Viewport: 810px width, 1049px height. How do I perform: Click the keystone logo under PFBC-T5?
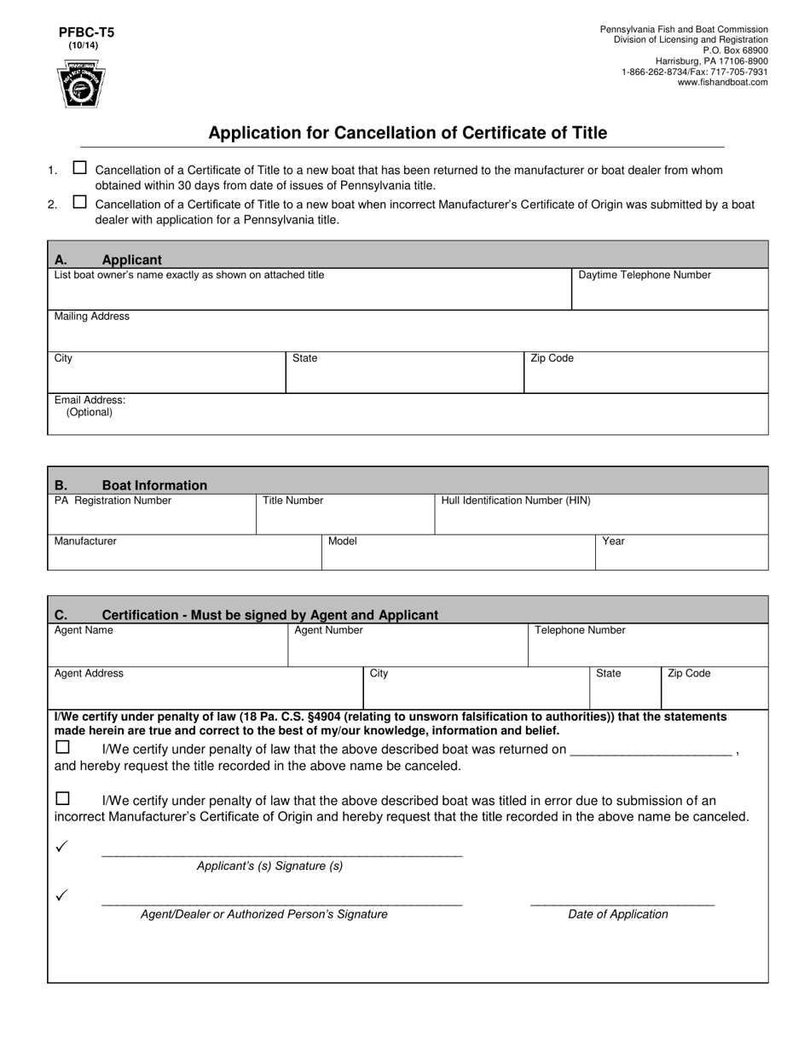pos(82,84)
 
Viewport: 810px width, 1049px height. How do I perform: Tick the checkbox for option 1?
pos(80,168)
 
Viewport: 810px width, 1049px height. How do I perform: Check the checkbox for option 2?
pos(80,202)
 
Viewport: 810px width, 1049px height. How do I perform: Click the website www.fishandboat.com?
pos(722,83)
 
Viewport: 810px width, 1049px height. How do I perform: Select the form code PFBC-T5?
pos(86,32)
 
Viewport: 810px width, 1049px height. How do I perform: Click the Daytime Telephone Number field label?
pos(645,275)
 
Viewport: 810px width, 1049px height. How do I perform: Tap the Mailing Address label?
pos(92,316)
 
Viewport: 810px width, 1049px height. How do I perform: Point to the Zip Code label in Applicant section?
pos(552,358)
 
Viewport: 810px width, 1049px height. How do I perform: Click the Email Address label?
pos(90,400)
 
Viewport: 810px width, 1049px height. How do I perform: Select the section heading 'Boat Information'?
pos(154,485)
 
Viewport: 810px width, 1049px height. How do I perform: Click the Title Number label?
pos(293,501)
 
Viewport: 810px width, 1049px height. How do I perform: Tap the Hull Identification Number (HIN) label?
pos(516,501)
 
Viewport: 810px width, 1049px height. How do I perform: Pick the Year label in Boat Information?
pos(614,541)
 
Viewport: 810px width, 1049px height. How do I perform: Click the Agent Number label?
pos(328,630)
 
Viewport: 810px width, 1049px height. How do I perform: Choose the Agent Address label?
pos(89,673)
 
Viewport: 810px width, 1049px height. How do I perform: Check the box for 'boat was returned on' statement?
pos(62,747)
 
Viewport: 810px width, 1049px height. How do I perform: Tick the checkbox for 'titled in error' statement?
pos(62,799)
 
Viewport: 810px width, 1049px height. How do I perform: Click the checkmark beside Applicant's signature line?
pos(61,846)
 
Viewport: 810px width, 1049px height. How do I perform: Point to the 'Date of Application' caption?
pos(618,914)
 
